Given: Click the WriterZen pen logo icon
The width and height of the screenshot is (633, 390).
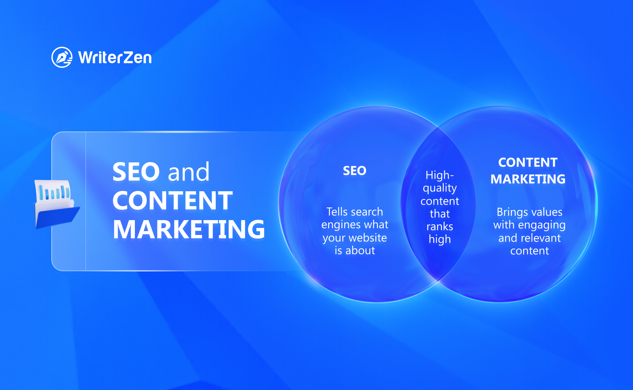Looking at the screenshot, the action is [x=62, y=57].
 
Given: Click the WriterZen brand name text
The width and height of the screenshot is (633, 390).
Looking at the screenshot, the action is [x=115, y=57].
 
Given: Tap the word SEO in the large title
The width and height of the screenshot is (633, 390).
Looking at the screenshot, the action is [x=136, y=172].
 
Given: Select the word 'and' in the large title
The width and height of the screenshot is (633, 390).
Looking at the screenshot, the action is [x=189, y=172].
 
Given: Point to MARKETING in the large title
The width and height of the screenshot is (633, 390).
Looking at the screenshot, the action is [x=189, y=229].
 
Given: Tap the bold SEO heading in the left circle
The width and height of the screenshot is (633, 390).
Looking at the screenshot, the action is [x=355, y=171].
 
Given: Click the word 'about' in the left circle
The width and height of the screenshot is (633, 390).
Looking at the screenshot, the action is [x=360, y=250].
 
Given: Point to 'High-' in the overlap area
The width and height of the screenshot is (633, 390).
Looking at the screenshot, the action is [x=440, y=175].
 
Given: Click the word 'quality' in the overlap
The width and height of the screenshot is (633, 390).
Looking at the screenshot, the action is [x=440, y=188].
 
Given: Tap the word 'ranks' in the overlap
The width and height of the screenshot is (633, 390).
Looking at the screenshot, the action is [x=440, y=226].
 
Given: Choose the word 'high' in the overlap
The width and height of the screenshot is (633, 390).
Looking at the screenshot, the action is [x=440, y=239].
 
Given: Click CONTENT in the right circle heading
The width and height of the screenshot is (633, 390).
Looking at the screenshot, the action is [x=528, y=162].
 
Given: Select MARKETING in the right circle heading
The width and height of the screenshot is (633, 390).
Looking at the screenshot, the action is [x=528, y=179].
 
